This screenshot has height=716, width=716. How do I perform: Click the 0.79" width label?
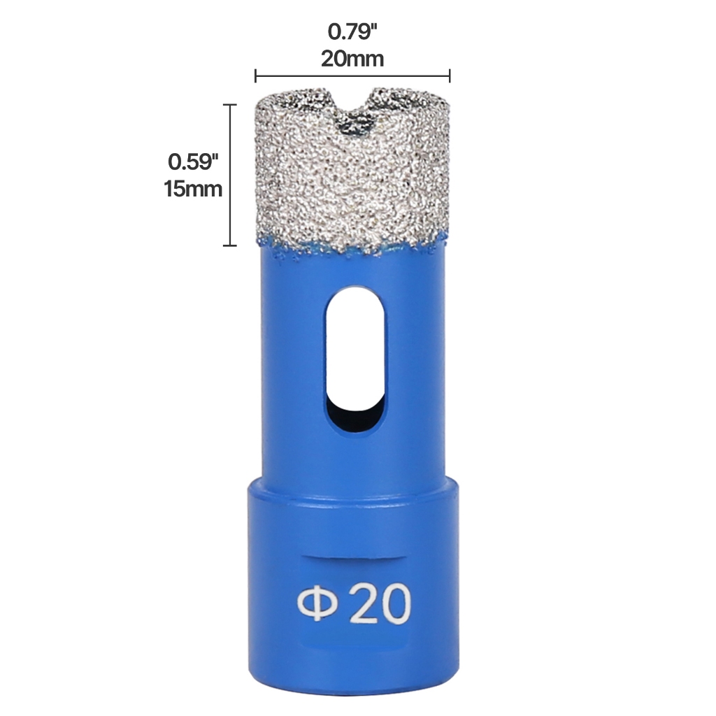coord(352,32)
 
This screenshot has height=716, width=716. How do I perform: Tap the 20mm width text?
coord(352,59)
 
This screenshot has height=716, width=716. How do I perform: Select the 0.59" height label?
coord(194,162)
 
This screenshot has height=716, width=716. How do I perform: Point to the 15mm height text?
coord(194,189)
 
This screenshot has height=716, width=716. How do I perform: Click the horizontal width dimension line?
coord(352,76)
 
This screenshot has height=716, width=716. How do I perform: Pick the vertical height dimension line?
coord(229,175)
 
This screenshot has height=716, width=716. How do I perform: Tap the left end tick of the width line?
coord(255,76)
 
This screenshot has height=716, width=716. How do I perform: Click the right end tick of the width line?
coord(450,76)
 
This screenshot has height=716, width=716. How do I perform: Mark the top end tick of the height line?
coord(229,105)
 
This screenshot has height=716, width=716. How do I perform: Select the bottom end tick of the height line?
coord(229,245)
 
